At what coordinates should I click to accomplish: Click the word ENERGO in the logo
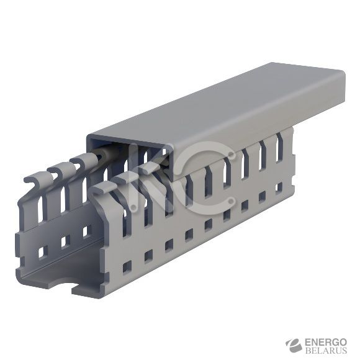tap(326, 342)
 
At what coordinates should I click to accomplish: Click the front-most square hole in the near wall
tap(127, 267)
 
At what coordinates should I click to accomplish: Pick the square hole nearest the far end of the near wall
tap(279, 186)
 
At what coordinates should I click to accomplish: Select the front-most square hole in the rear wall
tap(42, 252)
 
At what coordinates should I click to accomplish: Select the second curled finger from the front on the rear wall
tap(59, 171)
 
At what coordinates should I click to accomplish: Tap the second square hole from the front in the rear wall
tap(63, 242)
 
